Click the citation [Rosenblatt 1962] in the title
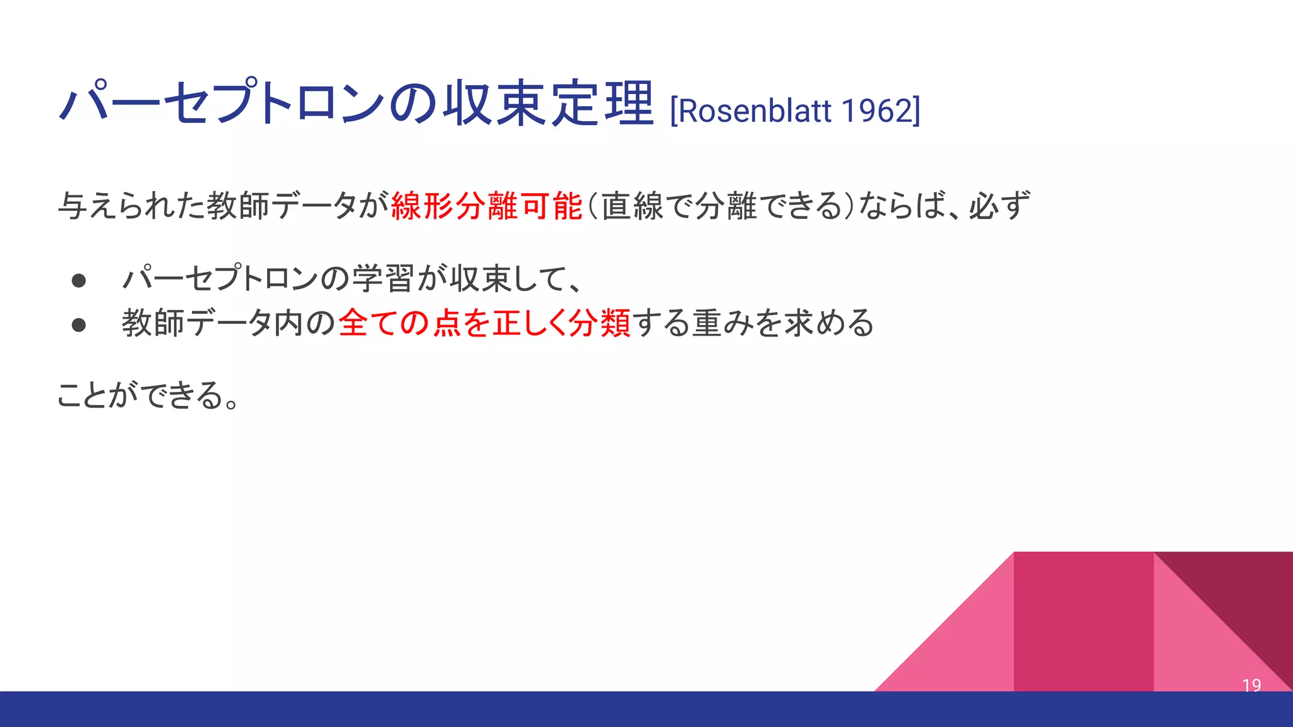click(794, 111)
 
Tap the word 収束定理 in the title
click(548, 103)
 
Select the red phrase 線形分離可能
click(486, 206)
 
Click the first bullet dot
click(79, 280)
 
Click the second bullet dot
click(79, 325)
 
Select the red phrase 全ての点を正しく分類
click(484, 323)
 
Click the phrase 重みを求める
click(783, 323)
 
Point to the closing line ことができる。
click(148, 396)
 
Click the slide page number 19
click(1251, 685)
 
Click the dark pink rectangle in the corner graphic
click(1083, 622)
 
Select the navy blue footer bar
click(646, 709)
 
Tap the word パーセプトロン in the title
click(221, 103)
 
